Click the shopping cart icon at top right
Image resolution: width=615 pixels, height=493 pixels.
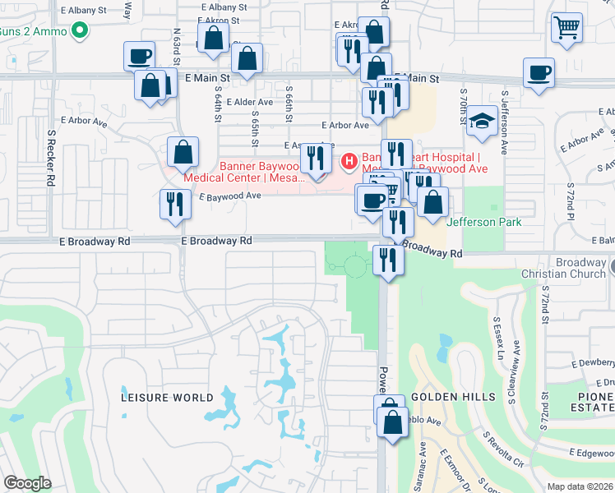566,28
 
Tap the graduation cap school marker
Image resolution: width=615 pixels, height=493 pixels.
483,122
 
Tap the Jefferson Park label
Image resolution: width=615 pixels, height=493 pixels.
484,222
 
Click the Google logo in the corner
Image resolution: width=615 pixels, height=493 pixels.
27,482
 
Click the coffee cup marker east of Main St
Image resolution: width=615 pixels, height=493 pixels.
539,72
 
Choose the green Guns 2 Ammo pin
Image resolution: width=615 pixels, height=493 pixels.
80,31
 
